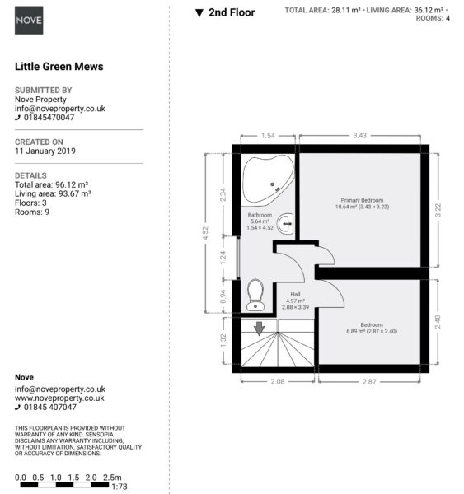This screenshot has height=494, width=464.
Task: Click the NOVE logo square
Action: click(x=29, y=20)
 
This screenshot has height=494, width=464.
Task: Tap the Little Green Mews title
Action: click(x=59, y=67)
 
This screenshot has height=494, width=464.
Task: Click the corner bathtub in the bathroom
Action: click(x=268, y=179)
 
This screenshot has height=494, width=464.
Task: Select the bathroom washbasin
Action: click(x=285, y=224)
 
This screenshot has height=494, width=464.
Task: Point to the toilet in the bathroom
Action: click(x=255, y=296)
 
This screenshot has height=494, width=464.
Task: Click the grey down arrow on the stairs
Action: click(x=260, y=329)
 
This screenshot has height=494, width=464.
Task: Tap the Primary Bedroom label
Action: click(x=362, y=200)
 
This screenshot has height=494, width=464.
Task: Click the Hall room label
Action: click(x=295, y=294)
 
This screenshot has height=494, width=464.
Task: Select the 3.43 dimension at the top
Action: click(x=359, y=136)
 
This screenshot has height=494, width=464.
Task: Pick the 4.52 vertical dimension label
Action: click(x=205, y=233)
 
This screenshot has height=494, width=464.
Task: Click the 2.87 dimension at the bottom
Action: click(x=369, y=382)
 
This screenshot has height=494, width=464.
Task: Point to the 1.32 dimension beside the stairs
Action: click(x=223, y=341)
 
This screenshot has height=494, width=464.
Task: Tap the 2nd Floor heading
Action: click(x=232, y=12)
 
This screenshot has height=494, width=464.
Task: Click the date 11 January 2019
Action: click(x=45, y=151)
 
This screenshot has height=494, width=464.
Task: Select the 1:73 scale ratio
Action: click(x=120, y=487)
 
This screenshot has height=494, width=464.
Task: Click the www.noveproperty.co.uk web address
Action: click(x=59, y=398)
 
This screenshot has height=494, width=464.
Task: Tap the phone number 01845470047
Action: click(x=49, y=118)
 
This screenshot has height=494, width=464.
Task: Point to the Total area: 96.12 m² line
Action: click(x=51, y=184)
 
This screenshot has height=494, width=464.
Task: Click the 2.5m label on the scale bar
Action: click(x=112, y=478)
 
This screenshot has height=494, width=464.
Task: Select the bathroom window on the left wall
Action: click(x=239, y=258)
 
